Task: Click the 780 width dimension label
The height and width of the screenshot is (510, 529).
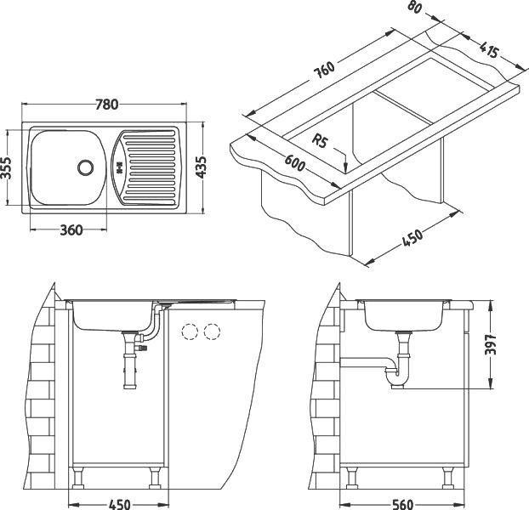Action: click(105, 105)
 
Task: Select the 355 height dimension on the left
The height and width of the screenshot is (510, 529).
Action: click(8, 167)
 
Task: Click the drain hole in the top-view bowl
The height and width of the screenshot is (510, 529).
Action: click(86, 167)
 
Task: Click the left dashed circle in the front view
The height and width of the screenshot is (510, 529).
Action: click(190, 331)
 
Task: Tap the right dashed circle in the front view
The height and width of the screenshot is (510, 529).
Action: click(213, 331)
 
